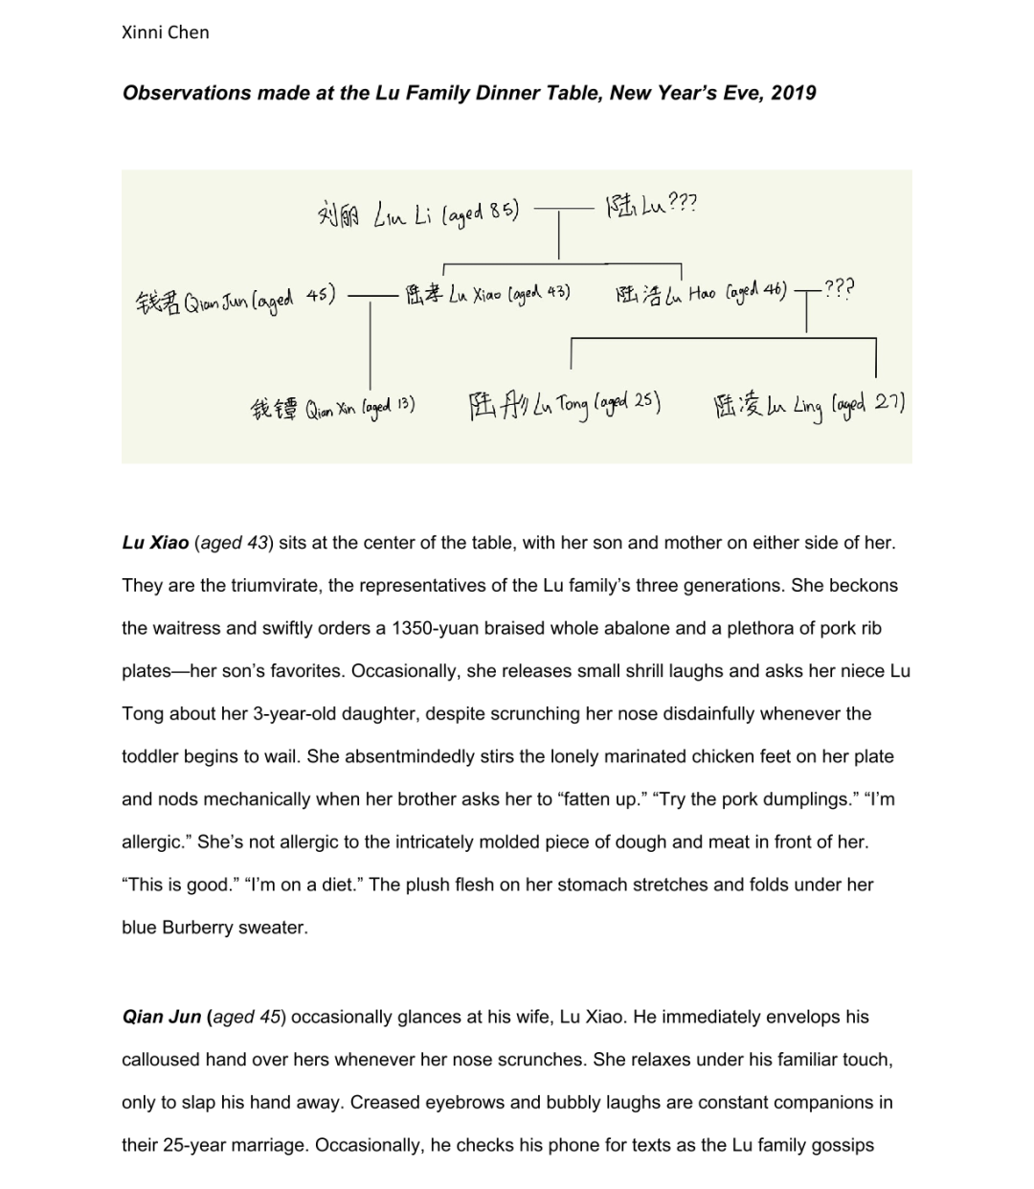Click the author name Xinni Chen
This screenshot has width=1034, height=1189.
(166, 33)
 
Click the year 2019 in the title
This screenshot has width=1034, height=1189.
(793, 93)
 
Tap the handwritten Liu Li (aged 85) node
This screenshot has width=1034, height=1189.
(417, 210)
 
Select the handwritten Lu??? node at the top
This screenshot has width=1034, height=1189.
(651, 203)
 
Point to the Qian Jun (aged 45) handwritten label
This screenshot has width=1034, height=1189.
(235, 300)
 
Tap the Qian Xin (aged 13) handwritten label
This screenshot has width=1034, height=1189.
(331, 409)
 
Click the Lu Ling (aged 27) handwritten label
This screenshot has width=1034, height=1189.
(809, 406)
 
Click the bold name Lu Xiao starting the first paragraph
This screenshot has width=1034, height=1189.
(155, 543)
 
